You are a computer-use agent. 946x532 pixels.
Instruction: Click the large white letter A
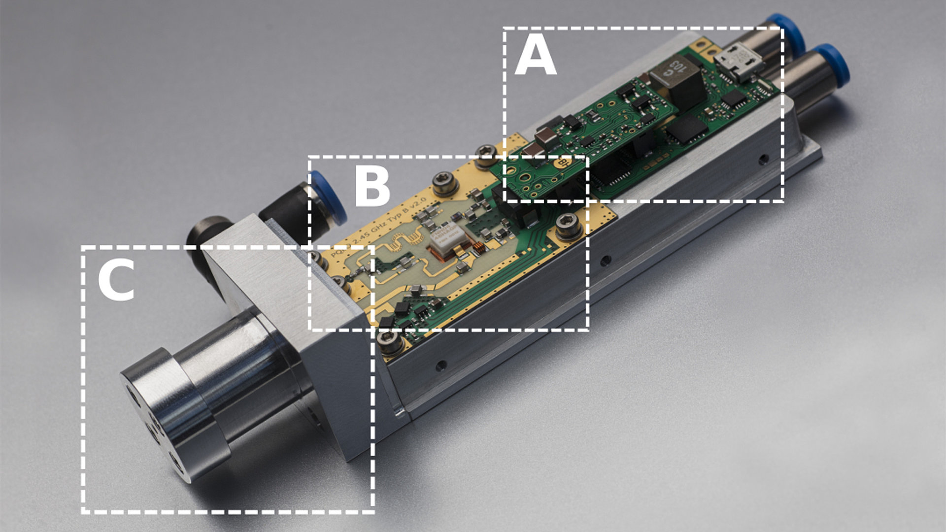536,58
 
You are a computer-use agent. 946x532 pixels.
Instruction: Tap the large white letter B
372,187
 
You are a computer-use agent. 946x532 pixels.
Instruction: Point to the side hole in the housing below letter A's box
763,159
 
